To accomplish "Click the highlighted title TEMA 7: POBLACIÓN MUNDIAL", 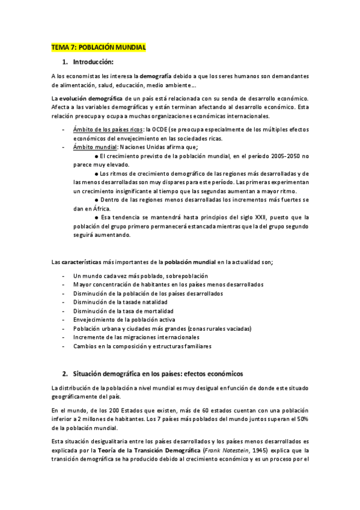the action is click(x=99, y=47).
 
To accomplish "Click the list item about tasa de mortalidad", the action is click(x=123, y=311).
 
